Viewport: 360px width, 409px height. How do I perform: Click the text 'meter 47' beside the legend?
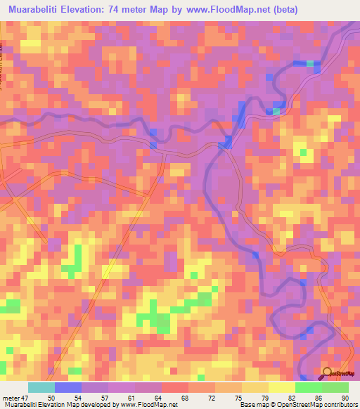15,397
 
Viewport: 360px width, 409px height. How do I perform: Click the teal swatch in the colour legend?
41,387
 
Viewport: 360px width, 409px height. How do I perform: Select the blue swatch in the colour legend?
68,387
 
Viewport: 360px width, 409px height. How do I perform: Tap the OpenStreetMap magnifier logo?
327,373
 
